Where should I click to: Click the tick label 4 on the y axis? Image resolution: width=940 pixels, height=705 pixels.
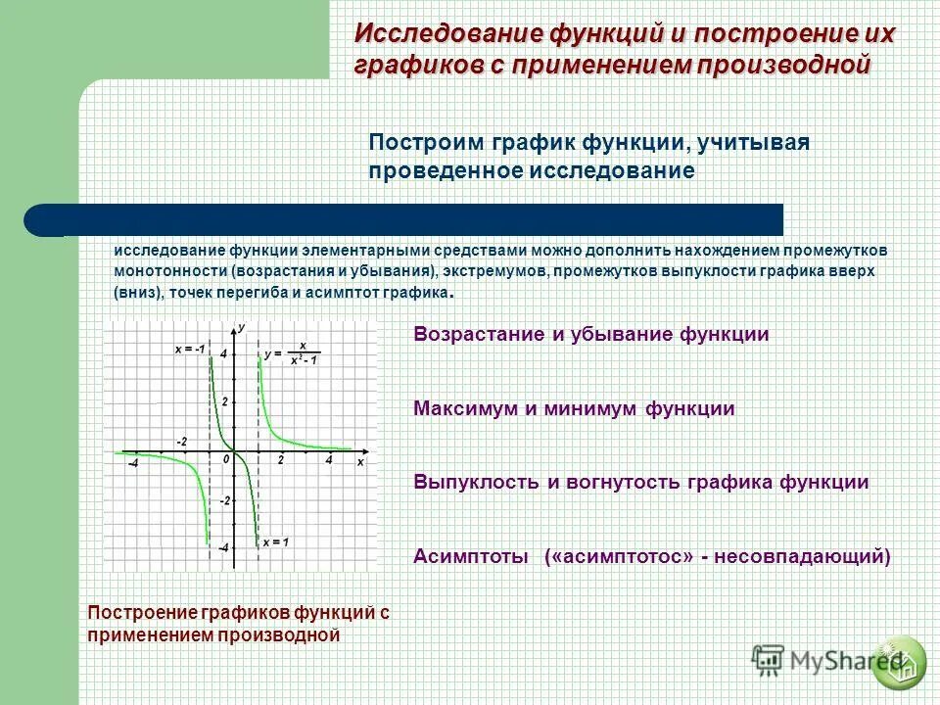(223, 353)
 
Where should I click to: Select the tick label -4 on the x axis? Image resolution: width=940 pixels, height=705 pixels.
(132, 463)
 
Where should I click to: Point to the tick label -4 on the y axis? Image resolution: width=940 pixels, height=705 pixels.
(223, 549)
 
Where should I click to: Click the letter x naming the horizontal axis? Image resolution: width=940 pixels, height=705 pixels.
(359, 460)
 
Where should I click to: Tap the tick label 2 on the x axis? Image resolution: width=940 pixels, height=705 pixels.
(280, 459)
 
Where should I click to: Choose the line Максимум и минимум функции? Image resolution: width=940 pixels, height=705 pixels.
(574, 408)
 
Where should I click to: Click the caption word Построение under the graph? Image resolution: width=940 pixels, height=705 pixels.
(143, 613)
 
